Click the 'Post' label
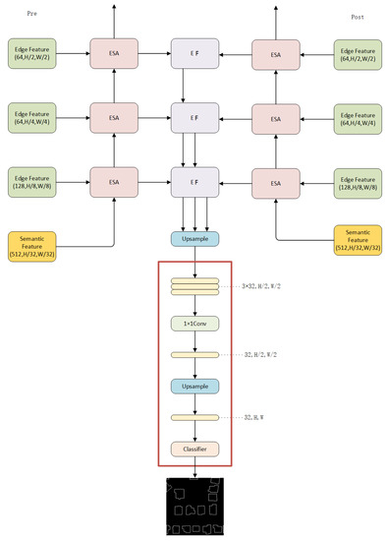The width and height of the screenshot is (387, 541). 358,18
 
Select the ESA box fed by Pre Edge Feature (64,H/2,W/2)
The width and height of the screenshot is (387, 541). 115,53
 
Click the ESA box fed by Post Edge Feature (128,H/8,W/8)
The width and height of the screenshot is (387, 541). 276,183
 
